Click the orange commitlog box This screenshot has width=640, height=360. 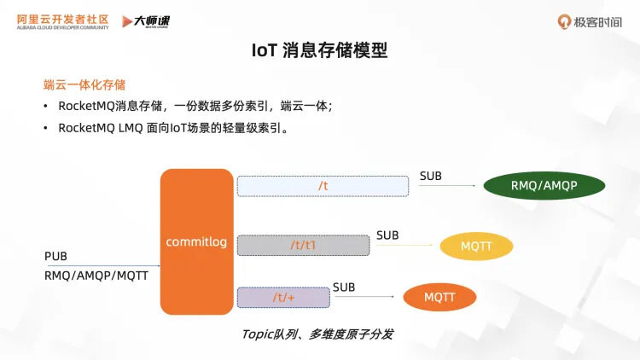pyautogui.click(x=196, y=241)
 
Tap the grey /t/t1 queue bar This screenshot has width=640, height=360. pyautogui.click(x=303, y=245)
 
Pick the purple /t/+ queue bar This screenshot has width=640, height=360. pyautogui.click(x=283, y=297)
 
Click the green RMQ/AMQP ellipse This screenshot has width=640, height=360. pyautogui.click(x=544, y=185)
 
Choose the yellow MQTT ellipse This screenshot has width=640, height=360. pyautogui.click(x=476, y=247)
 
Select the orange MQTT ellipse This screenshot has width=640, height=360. pyautogui.click(x=439, y=297)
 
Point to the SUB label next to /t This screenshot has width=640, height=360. pyautogui.click(x=431, y=177)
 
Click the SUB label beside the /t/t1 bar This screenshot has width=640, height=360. pyautogui.click(x=387, y=235)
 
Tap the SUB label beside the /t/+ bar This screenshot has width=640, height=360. pyautogui.click(x=344, y=287)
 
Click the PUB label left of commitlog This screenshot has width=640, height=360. pyautogui.click(x=55, y=257)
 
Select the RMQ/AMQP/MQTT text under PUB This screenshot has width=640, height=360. pyautogui.click(x=96, y=276)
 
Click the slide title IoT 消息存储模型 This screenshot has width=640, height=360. pyautogui.click(x=320, y=50)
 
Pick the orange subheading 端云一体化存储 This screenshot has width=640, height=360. pyautogui.click(x=84, y=84)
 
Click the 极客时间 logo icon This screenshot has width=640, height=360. pyautogui.click(x=564, y=21)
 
